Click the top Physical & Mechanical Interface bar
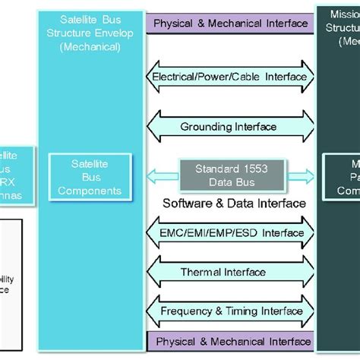pos(231,24)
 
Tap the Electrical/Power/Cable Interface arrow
pos(230,77)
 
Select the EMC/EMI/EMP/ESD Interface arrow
pos(230,233)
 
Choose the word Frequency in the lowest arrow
pos(185,311)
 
